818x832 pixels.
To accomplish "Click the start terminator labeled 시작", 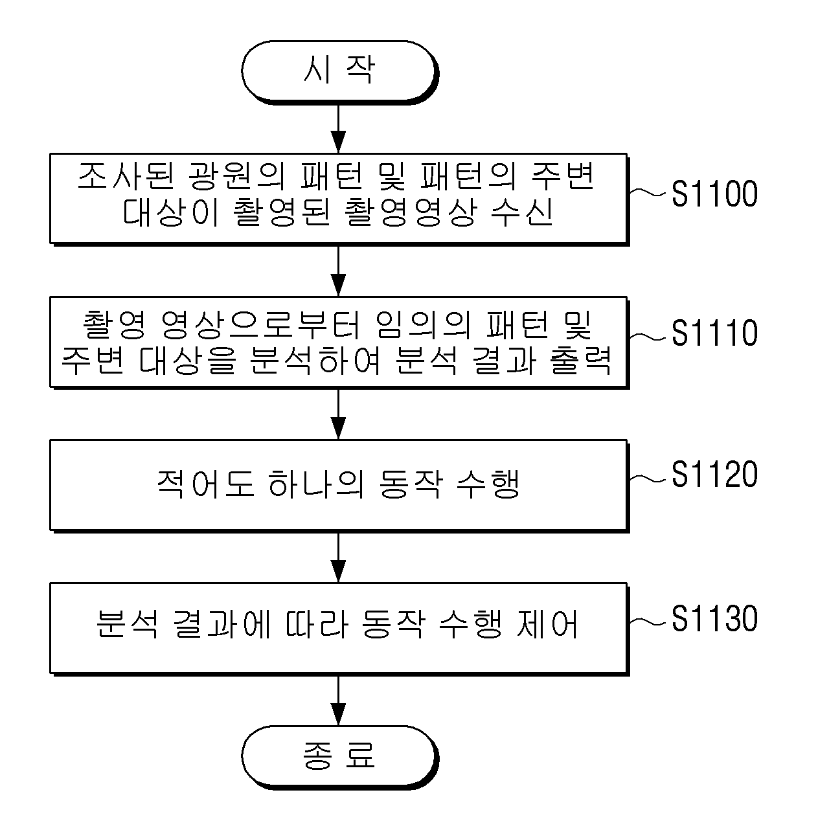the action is pyautogui.click(x=339, y=72).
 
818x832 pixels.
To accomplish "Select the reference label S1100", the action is pyautogui.click(x=714, y=194).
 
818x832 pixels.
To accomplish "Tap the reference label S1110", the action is pyautogui.click(x=714, y=333).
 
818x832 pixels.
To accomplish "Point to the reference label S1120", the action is pyautogui.click(x=714, y=474).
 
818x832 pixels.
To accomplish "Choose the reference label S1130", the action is pyautogui.click(x=714, y=619).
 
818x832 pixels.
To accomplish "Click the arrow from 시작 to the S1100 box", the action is pyautogui.click(x=338, y=129).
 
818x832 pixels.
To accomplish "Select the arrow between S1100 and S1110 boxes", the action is pyautogui.click(x=338, y=271).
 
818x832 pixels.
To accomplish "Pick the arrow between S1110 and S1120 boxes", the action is pyautogui.click(x=338, y=414).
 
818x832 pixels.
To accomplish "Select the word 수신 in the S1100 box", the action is pyautogui.click(x=522, y=212).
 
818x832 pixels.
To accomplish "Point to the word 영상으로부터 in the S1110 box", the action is pyautogui.click(x=260, y=324).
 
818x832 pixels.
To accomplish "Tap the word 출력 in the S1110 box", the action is pyautogui.click(x=581, y=361).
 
